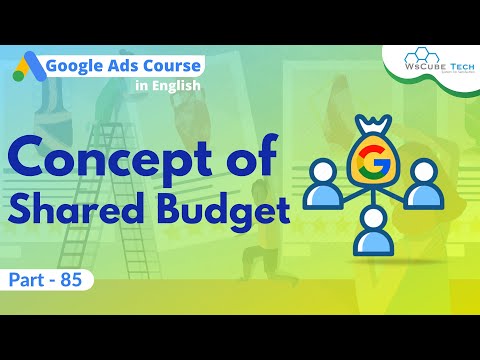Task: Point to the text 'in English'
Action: click(x=168, y=87)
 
